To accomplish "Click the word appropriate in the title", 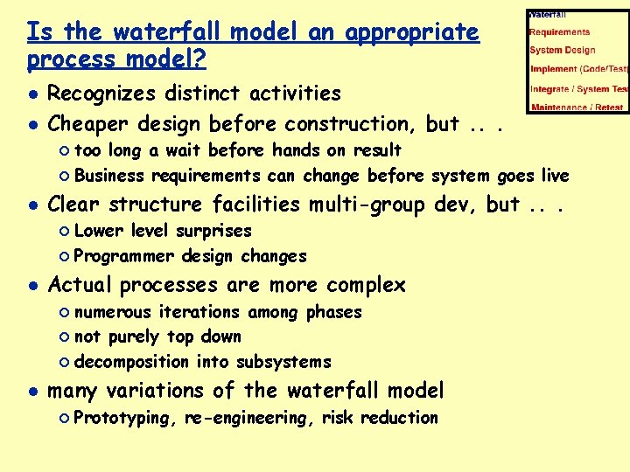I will pos(412,33).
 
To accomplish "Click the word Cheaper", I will pos(90,124).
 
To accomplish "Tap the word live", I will pos(554,176).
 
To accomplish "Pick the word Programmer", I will pos(122,256).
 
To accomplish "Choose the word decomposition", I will pos(131,362).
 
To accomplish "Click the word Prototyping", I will pos(124,418).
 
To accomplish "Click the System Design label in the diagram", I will pos(562,51).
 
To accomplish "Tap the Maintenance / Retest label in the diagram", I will pos(577,108).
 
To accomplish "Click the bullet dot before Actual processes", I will pos(32,286).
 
